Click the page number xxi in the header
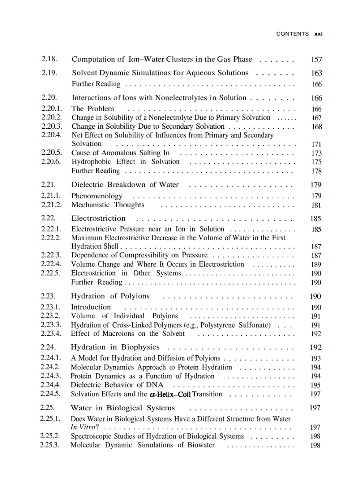pos(318,34)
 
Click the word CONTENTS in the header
pos(292,34)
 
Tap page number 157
pos(316,60)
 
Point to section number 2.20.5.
pos(52,153)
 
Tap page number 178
pos(316,171)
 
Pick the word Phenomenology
pos(97,196)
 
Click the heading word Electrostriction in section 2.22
pos(98,218)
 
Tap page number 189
pos(316,264)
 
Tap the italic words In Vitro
pos(85,427)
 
